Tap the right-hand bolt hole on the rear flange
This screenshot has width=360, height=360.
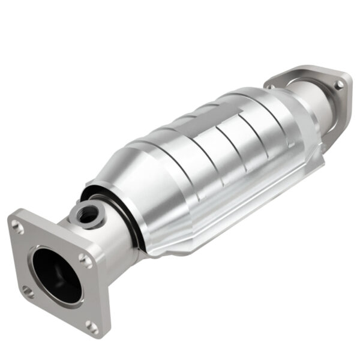(340, 85)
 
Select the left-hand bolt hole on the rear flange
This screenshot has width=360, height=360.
(271, 88)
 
